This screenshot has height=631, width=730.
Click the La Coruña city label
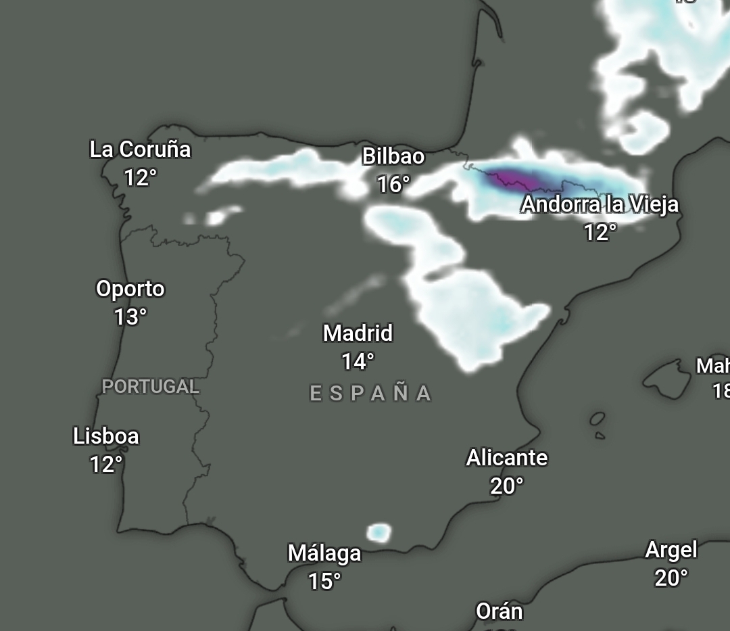click(x=140, y=149)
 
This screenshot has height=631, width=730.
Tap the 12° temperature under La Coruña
click(x=140, y=178)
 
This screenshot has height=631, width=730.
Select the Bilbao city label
click(x=393, y=156)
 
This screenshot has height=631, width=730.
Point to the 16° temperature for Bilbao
click(x=393, y=184)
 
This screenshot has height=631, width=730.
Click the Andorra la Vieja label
click(x=600, y=204)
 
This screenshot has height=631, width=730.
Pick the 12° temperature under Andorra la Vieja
click(x=600, y=233)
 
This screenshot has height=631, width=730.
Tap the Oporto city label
click(x=130, y=289)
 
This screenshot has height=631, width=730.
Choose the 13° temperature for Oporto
click(x=130, y=317)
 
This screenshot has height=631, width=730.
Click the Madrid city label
click(x=358, y=333)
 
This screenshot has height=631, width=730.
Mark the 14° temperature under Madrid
click(x=358, y=362)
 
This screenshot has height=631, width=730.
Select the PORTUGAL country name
click(x=151, y=387)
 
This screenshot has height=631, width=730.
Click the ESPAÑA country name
click(x=370, y=394)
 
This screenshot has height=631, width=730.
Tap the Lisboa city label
click(x=106, y=436)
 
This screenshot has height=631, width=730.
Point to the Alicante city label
click(x=507, y=458)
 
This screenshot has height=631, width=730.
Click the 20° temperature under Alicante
click(x=507, y=486)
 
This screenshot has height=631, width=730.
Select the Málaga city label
click(x=324, y=553)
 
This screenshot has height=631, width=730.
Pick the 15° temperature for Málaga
click(x=324, y=581)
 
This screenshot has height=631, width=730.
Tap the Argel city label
click(x=671, y=550)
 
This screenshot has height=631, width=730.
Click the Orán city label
click(x=500, y=611)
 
